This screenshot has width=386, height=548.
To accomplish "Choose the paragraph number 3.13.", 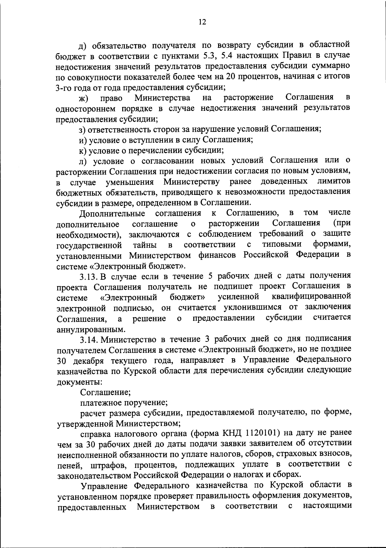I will point(88,276).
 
